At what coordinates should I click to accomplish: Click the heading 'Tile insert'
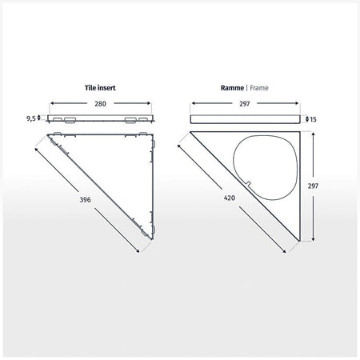[x=100, y=88]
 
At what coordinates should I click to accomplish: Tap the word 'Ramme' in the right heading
[x=232, y=88]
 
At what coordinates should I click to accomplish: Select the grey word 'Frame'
[x=259, y=88]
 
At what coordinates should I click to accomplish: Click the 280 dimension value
[x=100, y=104]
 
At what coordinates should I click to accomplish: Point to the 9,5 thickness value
[x=31, y=118]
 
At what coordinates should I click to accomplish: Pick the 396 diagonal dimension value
[x=85, y=199]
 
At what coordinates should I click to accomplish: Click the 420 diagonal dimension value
[x=230, y=198]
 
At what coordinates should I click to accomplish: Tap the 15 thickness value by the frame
[x=313, y=119]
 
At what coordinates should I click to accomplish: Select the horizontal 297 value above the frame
[x=244, y=104]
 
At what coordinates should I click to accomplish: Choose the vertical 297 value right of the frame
[x=313, y=186]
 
